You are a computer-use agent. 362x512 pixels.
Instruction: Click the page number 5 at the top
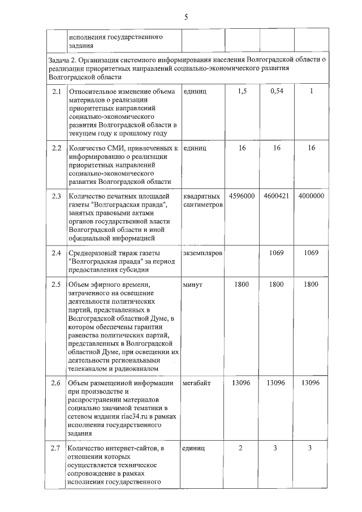coord(186,18)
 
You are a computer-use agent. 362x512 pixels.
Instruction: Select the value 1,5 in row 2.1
coord(242,92)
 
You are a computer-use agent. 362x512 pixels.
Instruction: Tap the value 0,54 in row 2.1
coord(277,92)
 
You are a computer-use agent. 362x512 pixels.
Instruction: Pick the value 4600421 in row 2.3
coord(277,196)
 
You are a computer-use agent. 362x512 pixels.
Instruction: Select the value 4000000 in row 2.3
coord(311,196)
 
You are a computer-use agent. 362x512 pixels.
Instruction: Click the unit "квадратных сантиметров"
coord(203,200)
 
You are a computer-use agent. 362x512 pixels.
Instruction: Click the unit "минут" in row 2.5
coord(193,285)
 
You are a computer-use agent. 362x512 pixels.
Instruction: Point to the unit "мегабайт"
coord(197,384)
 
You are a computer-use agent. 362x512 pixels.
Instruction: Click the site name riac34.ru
coord(130,416)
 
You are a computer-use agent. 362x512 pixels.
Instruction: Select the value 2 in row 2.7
coord(240,449)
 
